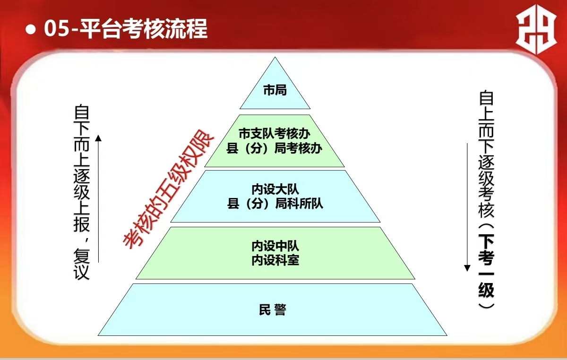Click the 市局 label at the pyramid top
pos(275,90)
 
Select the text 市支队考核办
pos(275,133)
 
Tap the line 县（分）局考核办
pos(275,148)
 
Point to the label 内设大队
pos(275,189)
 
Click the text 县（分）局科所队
pos(275,204)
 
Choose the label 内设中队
pos(275,246)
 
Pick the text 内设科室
pos(275,260)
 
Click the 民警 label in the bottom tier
pos(272,309)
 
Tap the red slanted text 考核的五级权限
pos(168,189)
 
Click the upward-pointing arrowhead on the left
pos(98,138)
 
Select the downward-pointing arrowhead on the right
pos(467,268)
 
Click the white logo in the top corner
pos(536,29)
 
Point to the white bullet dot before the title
pos(31,29)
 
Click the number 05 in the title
pos(57,28)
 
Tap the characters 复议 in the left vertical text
pos(81,265)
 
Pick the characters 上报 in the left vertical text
pos(81,217)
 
